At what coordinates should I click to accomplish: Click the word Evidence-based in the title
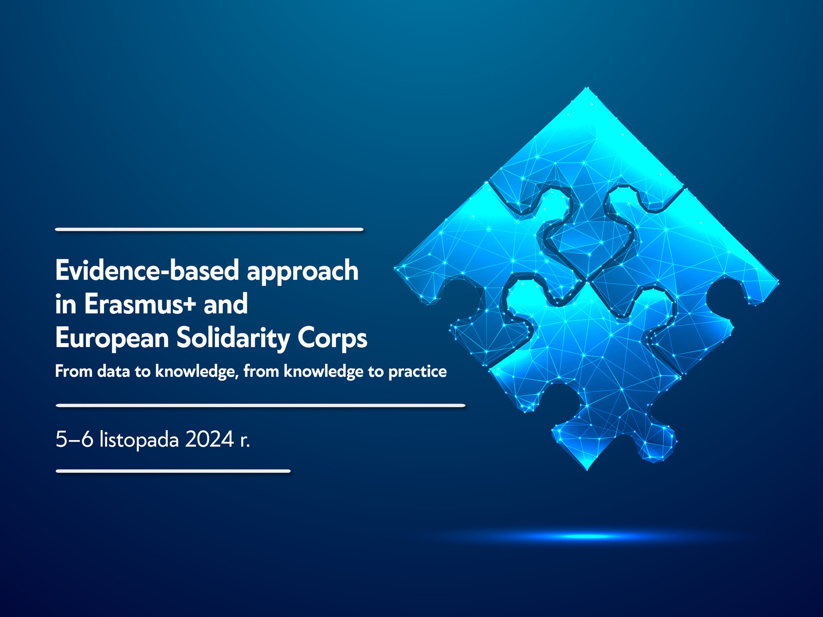tap(147, 270)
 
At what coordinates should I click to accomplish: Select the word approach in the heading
tap(302, 271)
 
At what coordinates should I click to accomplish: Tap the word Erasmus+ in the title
tap(140, 303)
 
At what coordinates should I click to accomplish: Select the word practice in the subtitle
tap(417, 372)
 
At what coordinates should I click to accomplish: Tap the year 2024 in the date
tap(209, 439)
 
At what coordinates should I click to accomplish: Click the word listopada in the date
tap(139, 440)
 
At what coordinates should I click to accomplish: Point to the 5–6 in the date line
tap(74, 439)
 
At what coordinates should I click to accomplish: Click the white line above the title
tap(209, 229)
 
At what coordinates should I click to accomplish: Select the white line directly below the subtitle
tap(261, 405)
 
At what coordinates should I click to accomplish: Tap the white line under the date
tap(173, 471)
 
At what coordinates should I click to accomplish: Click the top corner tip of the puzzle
tap(587, 88)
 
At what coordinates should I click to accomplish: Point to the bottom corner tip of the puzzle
tap(587, 469)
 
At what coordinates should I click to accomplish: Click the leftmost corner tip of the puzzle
tap(395, 267)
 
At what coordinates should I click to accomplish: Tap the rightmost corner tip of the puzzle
tap(778, 283)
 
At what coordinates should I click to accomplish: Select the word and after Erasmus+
tap(225, 303)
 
